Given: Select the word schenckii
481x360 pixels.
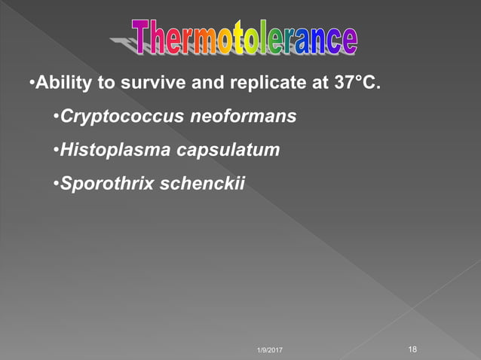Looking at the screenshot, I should [x=203, y=183].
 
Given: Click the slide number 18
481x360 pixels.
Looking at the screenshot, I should [x=412, y=349].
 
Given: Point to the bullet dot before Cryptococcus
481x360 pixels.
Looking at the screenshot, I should [x=56, y=117].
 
